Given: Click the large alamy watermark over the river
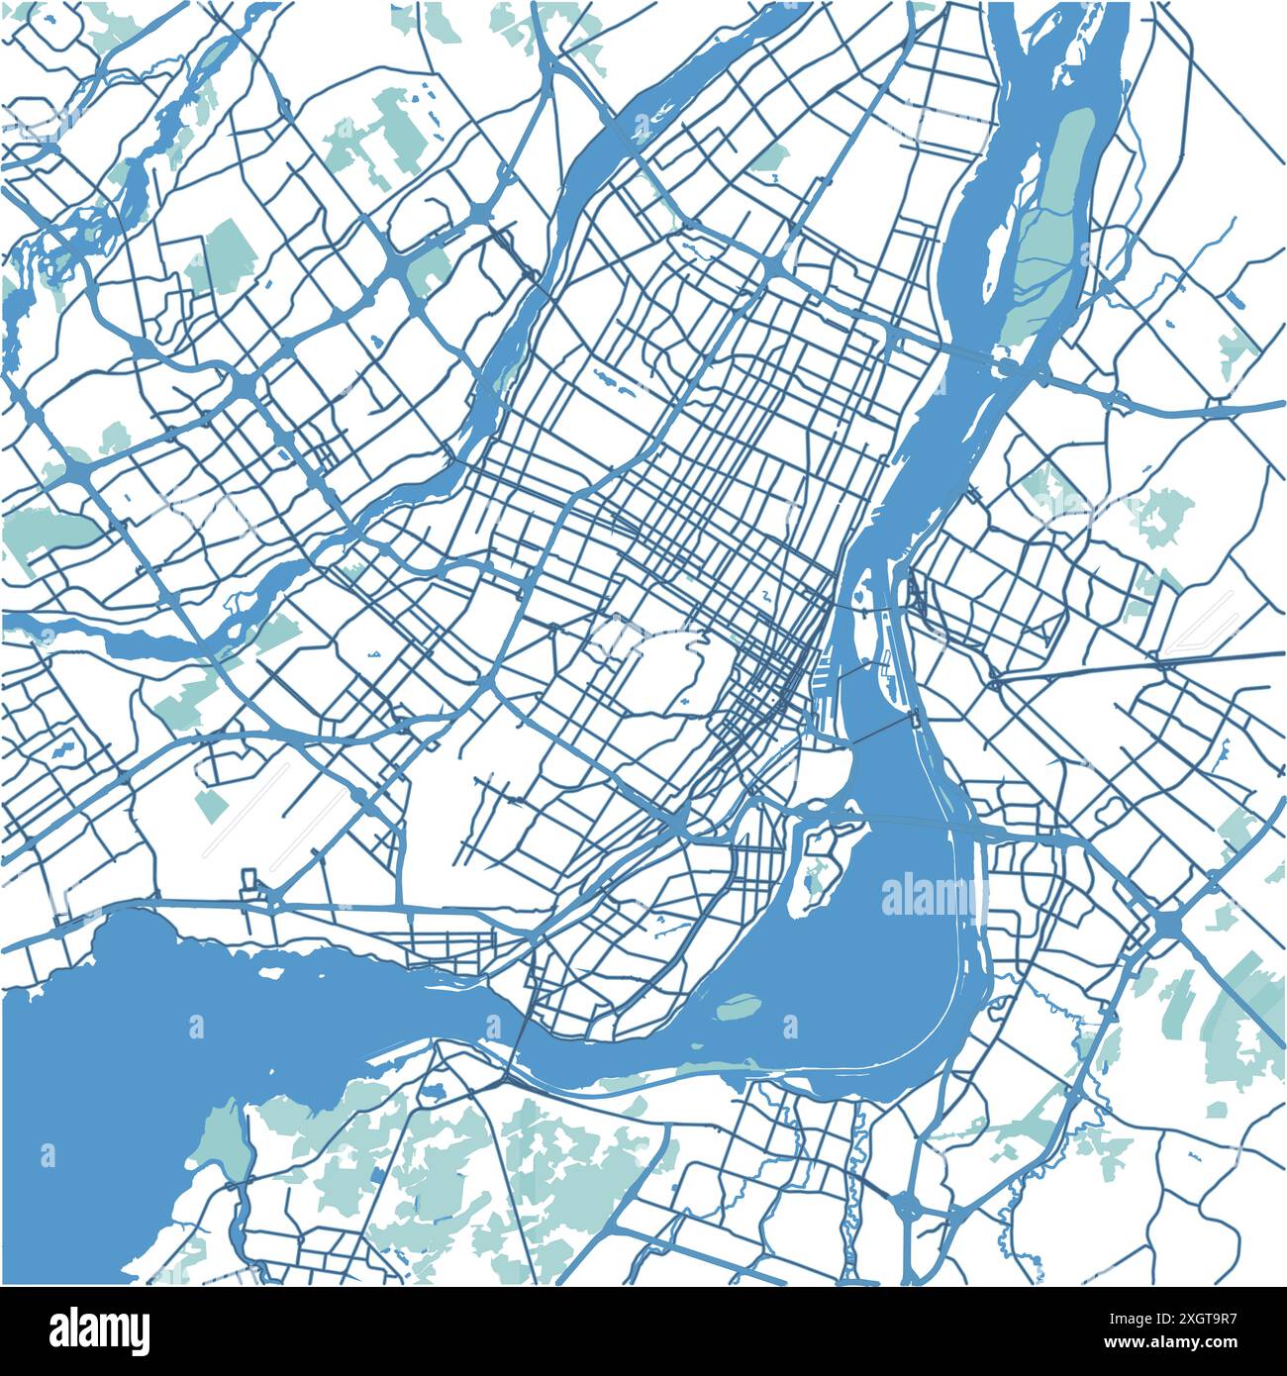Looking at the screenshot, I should pyautogui.click(x=929, y=896).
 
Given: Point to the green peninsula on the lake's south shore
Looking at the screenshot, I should pyautogui.click(x=223, y=1138).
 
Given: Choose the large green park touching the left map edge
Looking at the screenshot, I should pyautogui.click(x=40, y=530).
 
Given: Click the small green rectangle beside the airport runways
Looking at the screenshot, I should pyautogui.click(x=210, y=802).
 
